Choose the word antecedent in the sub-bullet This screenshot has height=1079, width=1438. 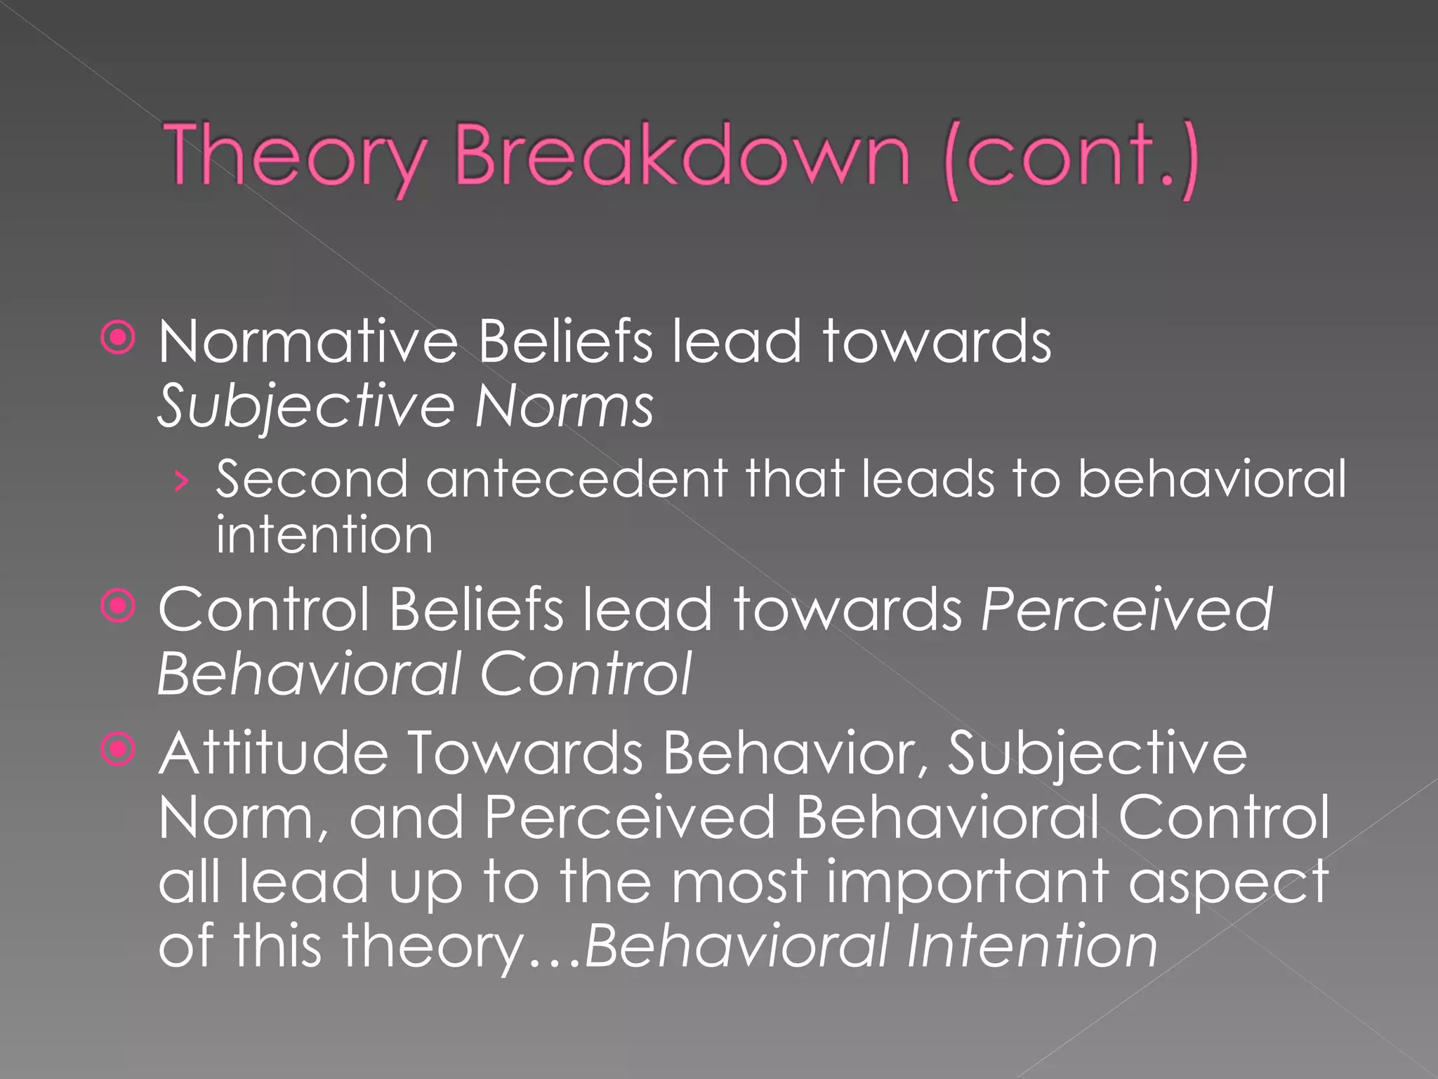click(576, 479)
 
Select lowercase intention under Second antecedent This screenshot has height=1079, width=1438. click(324, 535)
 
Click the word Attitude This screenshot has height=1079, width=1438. click(273, 753)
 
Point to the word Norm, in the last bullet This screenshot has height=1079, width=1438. click(243, 818)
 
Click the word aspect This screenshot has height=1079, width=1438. click(1228, 884)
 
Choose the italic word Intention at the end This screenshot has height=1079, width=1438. click(1031, 946)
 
